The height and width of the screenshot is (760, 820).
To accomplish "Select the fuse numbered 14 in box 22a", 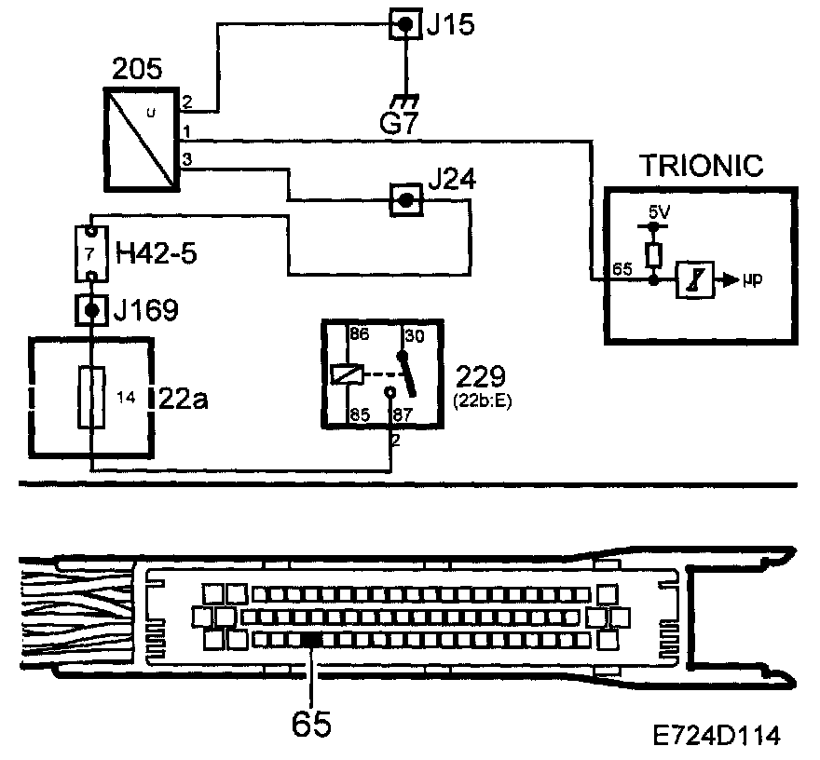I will pyautogui.click(x=92, y=398).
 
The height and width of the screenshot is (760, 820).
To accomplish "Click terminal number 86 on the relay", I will pyautogui.click(x=358, y=332).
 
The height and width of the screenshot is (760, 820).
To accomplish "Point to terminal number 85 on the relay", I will pyautogui.click(x=358, y=416).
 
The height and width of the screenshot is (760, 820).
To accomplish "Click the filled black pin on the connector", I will pyautogui.click(x=311, y=639).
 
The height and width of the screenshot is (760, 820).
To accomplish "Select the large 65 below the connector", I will pyautogui.click(x=311, y=722).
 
